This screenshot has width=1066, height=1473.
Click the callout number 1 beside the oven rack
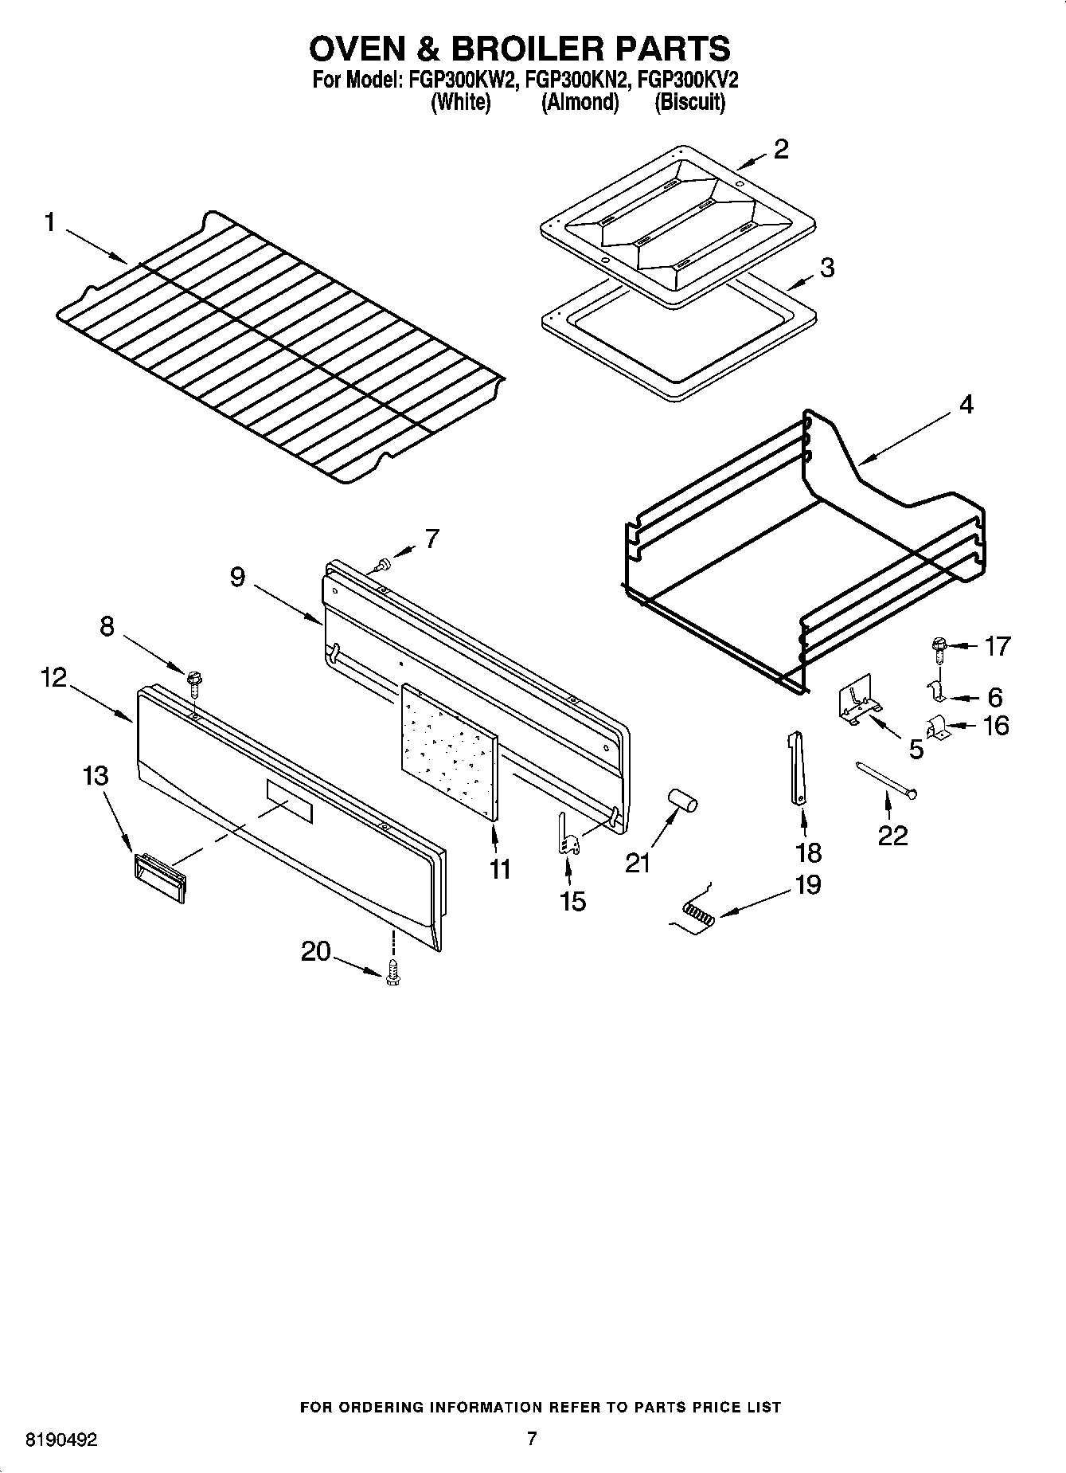point(49,222)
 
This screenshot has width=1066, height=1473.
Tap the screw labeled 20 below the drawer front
point(391,974)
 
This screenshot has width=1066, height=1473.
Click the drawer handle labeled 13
point(159,877)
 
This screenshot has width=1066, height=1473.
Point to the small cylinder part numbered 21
point(681,800)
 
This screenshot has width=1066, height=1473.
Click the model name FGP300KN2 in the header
point(578,80)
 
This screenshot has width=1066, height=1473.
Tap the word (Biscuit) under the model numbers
point(689,103)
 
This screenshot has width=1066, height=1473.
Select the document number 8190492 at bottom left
point(62,1440)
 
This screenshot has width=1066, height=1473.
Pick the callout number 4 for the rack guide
point(965,405)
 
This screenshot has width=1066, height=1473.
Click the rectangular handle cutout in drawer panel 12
point(290,801)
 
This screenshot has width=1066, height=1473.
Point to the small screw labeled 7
point(385,565)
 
